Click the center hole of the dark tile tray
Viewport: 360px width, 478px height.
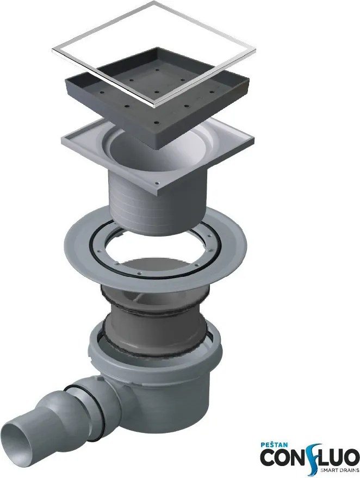(156, 92)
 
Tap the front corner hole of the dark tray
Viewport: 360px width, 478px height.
(157, 123)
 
